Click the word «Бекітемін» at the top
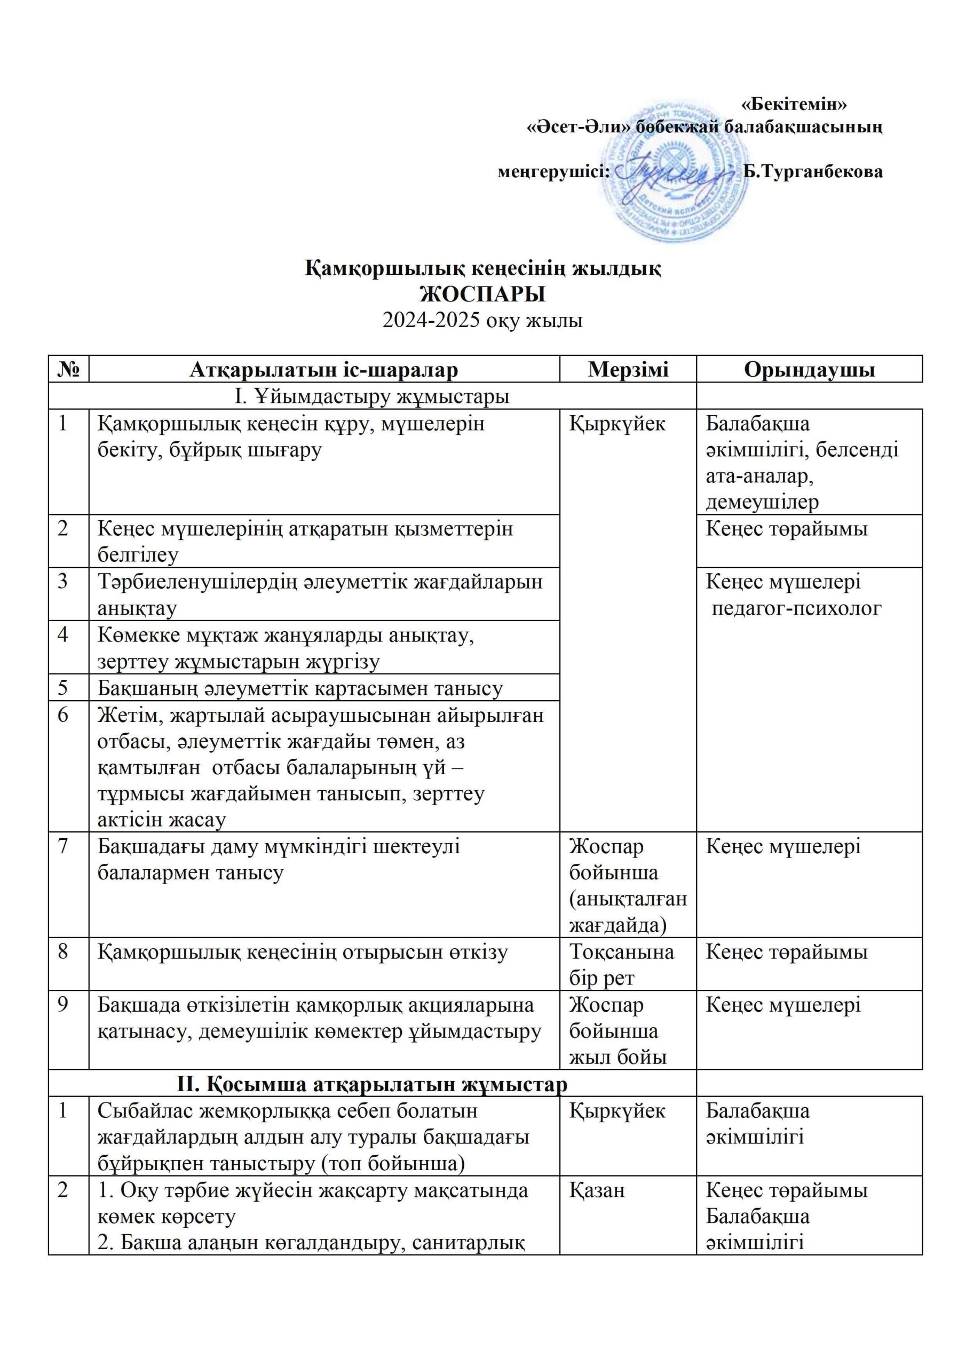tap(794, 104)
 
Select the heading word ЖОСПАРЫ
tap(482, 295)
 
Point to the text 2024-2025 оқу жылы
tap(482, 321)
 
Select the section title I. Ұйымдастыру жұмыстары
tap(372, 396)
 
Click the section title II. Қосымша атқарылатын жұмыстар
tap(372, 1084)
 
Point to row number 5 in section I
tap(64, 688)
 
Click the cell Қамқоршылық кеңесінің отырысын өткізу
tap(303, 952)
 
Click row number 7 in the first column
tap(64, 846)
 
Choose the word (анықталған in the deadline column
tap(628, 899)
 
